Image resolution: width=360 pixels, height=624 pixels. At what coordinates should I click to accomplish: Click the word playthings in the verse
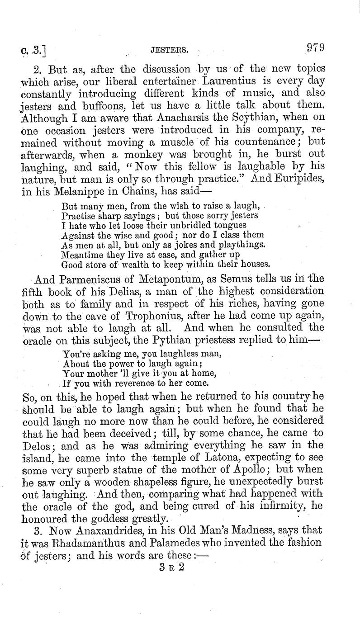point(237,245)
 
